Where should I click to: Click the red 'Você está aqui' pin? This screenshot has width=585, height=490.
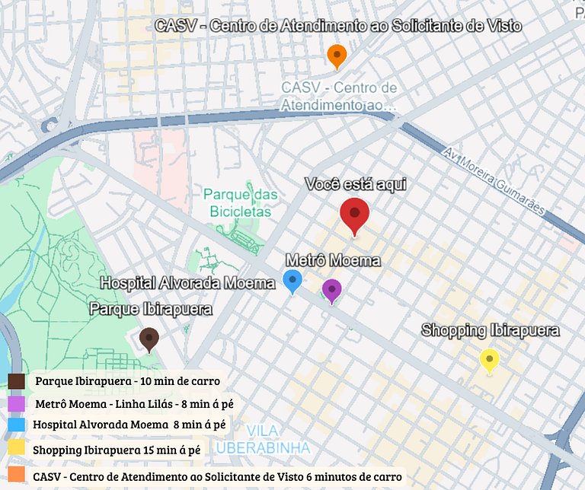coord(354,215)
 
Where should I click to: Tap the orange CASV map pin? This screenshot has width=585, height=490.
coord(337,56)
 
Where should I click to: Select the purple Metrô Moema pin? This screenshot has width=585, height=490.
coord(331,290)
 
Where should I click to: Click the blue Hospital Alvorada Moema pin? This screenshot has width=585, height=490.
coord(292,280)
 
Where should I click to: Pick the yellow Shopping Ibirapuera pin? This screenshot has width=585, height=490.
coord(489,359)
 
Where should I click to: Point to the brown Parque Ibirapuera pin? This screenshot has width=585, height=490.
coord(149,339)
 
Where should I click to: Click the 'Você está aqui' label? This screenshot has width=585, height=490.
coord(356,184)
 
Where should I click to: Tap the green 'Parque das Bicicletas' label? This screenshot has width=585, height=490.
coord(240,203)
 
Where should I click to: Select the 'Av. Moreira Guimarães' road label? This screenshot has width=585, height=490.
coord(494,182)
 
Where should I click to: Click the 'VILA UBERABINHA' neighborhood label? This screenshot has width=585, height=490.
coord(263,439)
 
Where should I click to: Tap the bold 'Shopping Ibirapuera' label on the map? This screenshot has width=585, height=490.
coord(491,330)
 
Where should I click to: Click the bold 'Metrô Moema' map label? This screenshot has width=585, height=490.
coord(332,261)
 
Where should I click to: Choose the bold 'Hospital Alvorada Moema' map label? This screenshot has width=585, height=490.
coord(188,283)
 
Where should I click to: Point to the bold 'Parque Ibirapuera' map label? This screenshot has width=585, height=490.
coord(151,309)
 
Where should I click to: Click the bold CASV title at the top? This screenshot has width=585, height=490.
coord(338,26)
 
